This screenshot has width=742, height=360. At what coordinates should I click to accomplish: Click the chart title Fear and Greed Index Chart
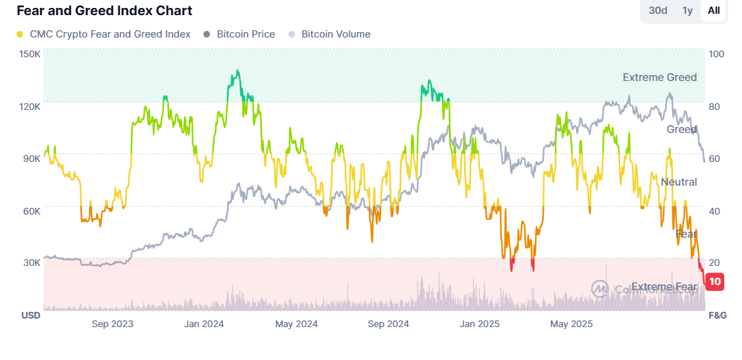tap(104, 11)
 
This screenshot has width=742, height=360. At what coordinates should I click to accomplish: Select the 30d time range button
tap(658, 11)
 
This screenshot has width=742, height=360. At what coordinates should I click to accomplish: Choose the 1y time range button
tap(687, 11)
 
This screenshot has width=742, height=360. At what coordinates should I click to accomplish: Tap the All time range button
tap(714, 11)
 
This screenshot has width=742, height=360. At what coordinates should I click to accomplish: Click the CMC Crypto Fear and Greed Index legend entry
tap(103, 34)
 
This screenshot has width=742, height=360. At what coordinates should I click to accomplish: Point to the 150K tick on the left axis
tap(30, 54)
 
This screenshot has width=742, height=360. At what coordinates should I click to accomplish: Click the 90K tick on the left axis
tap(31, 159)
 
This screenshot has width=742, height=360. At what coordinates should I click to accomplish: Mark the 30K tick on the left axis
tap(31, 263)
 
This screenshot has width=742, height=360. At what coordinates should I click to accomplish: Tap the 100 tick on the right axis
tap(716, 54)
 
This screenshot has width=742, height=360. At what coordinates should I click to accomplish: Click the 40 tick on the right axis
tap(714, 211)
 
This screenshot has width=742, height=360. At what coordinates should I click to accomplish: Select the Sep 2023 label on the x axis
tap(112, 324)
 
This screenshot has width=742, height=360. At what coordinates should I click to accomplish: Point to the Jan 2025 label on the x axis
tap(480, 324)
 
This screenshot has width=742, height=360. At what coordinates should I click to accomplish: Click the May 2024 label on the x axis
tap(296, 324)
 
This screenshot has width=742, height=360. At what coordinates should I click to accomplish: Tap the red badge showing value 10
tap(714, 282)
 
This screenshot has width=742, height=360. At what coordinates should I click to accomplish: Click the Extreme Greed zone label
tap(659, 78)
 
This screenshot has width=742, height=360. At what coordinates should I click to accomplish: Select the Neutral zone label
tap(678, 182)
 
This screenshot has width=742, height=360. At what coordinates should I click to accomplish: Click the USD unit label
tap(30, 315)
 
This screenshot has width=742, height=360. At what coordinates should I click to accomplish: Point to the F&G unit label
tap(717, 315)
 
